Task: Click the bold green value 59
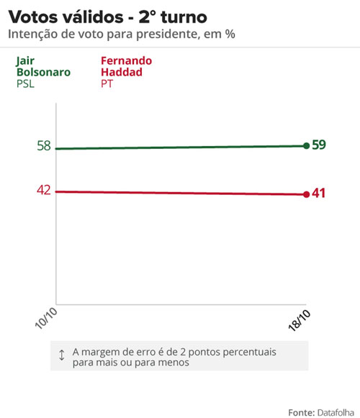[319, 145]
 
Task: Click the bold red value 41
[319, 194]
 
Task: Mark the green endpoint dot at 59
[307, 146]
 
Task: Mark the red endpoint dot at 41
[307, 194]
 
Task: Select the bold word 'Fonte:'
[301, 412]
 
